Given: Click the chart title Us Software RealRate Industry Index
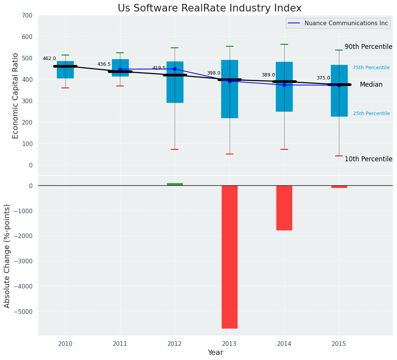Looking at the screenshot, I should pyautogui.click(x=209, y=8).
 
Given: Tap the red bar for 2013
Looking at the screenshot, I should pyautogui.click(x=230, y=257).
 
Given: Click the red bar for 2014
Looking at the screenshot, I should pyautogui.click(x=284, y=208).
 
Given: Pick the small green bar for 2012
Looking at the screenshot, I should pyautogui.click(x=175, y=184).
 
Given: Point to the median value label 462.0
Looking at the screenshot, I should pyautogui.click(x=49, y=58).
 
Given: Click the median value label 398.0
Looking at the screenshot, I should pyautogui.click(x=214, y=73).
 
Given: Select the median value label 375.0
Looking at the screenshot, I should pyautogui.click(x=323, y=78).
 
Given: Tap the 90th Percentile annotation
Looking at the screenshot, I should pyautogui.click(x=368, y=47).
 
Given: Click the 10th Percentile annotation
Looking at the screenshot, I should pyautogui.click(x=368, y=159).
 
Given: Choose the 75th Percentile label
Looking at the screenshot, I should pyautogui.click(x=371, y=68).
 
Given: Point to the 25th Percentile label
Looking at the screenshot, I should pyautogui.click(x=371, y=114).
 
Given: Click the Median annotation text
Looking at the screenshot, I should pyautogui.click(x=371, y=85).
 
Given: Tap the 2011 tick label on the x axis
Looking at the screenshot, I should pyautogui.click(x=120, y=344).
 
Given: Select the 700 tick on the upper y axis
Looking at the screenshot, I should pyautogui.click(x=27, y=15).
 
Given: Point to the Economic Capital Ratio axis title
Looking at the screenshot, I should pyautogui.click(x=16, y=96).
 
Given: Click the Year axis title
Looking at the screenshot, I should pyautogui.click(x=216, y=353).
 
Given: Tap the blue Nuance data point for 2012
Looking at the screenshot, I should pyautogui.click(x=175, y=69).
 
